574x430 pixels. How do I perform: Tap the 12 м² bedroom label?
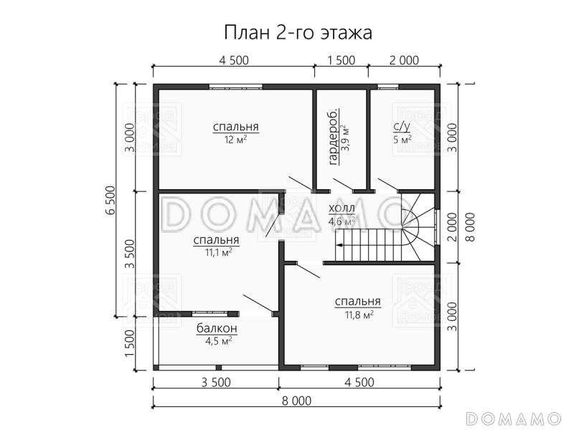coord(235,128)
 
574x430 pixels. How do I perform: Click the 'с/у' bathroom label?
coord(402,128)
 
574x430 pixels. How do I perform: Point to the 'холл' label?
coord(341,209)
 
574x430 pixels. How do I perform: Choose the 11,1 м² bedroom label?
coord(216,241)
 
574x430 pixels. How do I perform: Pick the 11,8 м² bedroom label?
coord(357,302)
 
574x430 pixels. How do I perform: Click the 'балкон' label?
coord(217,328)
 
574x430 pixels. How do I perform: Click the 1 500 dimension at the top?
coord(341,60)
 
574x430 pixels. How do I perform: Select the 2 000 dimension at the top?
coord(404,60)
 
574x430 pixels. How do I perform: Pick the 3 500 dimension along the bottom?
coord(216,382)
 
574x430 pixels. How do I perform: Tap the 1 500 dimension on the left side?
coord(130,343)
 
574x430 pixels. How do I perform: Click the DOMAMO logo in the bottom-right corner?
coord(512,417)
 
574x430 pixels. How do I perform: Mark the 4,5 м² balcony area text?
coord(217,341)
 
